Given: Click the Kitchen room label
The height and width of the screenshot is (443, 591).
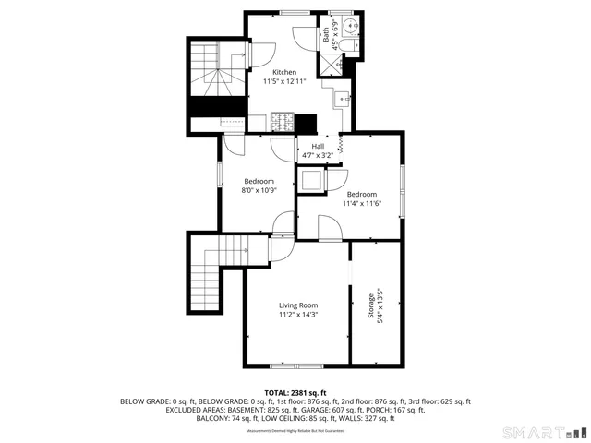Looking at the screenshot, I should click(x=283, y=72).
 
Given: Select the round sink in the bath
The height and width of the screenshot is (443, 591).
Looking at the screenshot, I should click(x=351, y=24).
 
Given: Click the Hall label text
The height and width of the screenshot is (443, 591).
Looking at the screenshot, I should click(x=318, y=146).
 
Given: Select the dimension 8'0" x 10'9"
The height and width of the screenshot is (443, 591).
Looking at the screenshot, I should click(x=259, y=189).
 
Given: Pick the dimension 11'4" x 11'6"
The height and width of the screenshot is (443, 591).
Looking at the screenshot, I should click(x=361, y=203).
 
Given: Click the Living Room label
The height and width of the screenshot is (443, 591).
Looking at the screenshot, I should click(x=298, y=305).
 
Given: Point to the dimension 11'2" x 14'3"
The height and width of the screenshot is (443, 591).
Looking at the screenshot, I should click(x=298, y=315).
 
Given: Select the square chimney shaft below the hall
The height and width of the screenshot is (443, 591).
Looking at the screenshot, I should click(x=312, y=179).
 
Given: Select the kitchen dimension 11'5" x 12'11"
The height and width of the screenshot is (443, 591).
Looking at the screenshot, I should click(x=283, y=81).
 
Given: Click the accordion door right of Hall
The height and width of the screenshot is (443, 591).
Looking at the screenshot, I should click(x=342, y=143).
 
